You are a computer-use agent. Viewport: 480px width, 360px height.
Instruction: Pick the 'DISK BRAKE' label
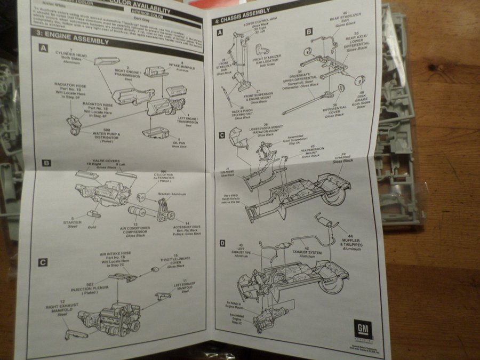point(362,100)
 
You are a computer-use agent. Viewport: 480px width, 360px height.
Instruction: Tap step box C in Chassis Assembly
point(221,134)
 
